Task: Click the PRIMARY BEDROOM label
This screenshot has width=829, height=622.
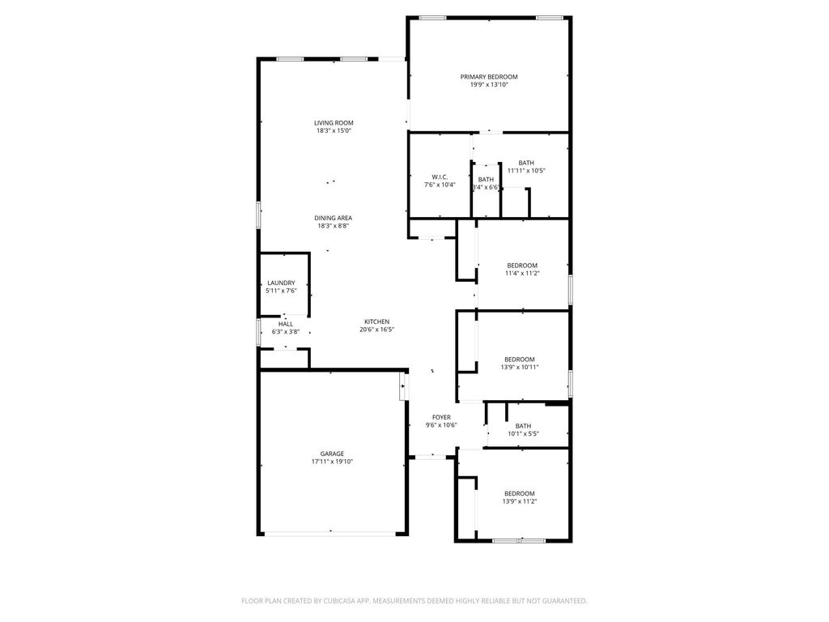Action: point(488,77)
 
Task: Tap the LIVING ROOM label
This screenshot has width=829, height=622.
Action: point(334,123)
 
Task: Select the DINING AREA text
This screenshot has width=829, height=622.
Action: point(333,218)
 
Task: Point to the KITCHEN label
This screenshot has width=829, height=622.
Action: point(377,322)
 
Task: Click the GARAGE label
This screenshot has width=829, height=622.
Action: point(332,454)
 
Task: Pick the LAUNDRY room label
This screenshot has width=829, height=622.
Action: point(281,283)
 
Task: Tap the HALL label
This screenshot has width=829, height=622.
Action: point(286,324)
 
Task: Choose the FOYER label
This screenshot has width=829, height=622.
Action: point(441,417)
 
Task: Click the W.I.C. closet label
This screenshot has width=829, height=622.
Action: point(440,177)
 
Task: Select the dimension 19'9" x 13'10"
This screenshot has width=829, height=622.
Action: point(488,84)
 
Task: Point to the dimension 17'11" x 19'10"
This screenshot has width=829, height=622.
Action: point(332,461)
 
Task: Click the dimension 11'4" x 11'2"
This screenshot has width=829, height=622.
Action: point(522,274)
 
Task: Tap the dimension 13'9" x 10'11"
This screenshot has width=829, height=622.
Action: point(520,367)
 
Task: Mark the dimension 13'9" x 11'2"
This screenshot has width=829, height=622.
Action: point(520,501)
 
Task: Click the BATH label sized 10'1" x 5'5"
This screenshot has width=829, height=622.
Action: point(524,426)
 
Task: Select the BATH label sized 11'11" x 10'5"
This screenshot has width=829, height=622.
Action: point(526,163)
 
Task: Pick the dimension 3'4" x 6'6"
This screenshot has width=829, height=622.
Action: point(486,187)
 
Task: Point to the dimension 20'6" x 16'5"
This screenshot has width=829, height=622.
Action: point(377,330)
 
